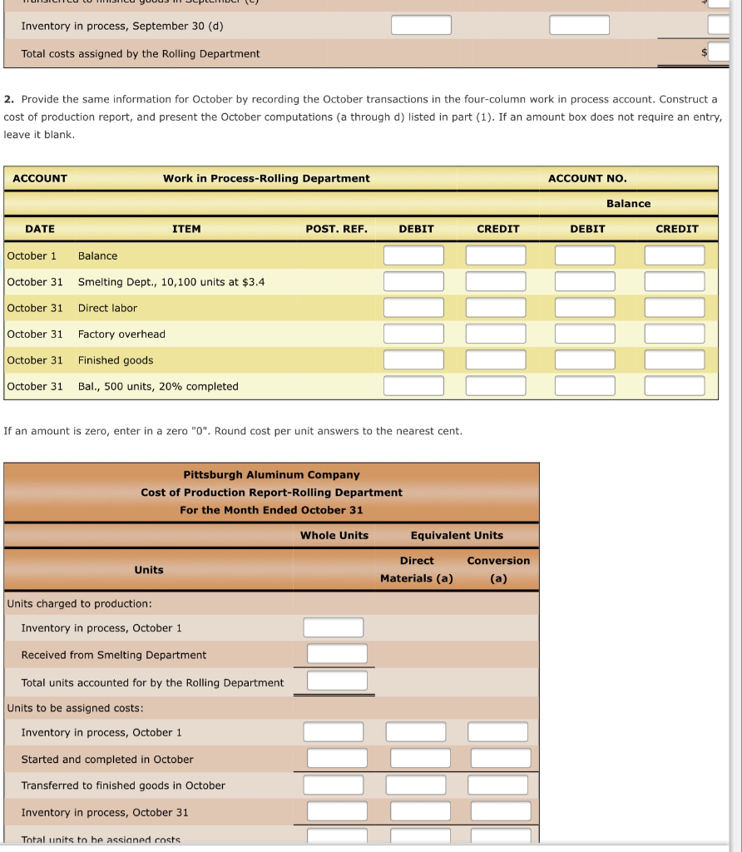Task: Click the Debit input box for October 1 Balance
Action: pos(413,255)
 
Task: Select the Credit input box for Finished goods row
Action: pos(496,360)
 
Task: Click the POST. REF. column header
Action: pos(336,229)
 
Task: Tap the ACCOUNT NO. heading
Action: pos(587,178)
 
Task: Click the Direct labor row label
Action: pos(107,308)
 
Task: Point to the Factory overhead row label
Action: pos(121,334)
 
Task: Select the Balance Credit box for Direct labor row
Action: pos(674,308)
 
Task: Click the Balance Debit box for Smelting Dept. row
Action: pos(585,282)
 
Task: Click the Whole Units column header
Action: pos(334,535)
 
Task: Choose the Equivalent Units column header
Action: pos(457,535)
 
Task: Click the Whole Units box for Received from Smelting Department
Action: pos(337,654)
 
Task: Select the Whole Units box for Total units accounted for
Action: pos(337,681)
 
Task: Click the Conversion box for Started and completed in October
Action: pos(499,758)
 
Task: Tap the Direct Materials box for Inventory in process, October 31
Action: pos(420,811)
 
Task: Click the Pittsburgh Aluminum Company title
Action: pos(271,475)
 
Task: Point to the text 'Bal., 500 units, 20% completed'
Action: pos(158,387)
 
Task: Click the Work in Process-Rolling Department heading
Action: pos(266,178)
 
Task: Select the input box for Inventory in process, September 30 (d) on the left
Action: pos(421,25)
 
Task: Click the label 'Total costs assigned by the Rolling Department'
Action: pos(141,54)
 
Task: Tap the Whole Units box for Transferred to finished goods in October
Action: pos(334,785)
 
